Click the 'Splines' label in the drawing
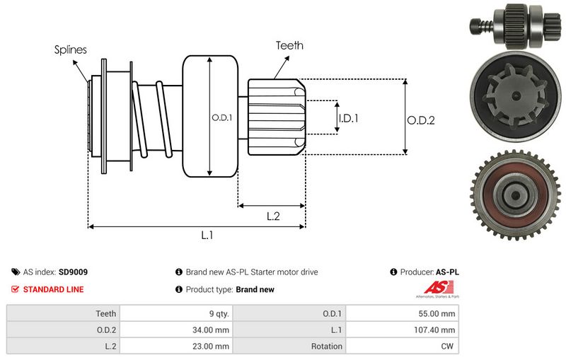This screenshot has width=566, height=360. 71,50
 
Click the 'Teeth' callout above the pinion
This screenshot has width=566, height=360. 289,45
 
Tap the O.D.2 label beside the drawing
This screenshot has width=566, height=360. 420,120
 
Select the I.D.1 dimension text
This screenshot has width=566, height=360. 348,119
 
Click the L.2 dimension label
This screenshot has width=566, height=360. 273,216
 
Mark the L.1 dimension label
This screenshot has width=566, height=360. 207,236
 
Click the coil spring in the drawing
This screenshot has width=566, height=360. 152,117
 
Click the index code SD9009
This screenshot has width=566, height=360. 74,272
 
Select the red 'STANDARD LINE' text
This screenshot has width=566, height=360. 53,289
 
